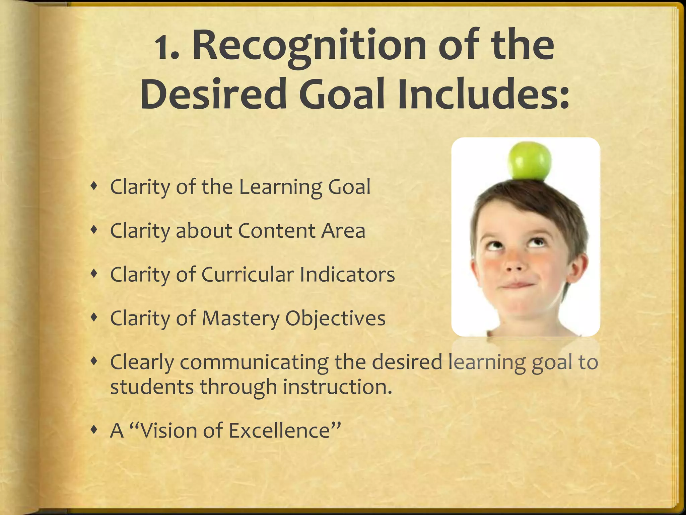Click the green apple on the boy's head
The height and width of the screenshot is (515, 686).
(529, 161)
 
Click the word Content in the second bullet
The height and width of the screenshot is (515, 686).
(277, 231)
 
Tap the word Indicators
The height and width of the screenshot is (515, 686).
(347, 275)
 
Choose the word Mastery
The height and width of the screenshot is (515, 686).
(240, 319)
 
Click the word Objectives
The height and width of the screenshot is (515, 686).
(335, 319)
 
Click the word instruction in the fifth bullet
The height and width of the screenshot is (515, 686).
(337, 387)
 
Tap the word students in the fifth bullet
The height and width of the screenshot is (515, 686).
(152, 387)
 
